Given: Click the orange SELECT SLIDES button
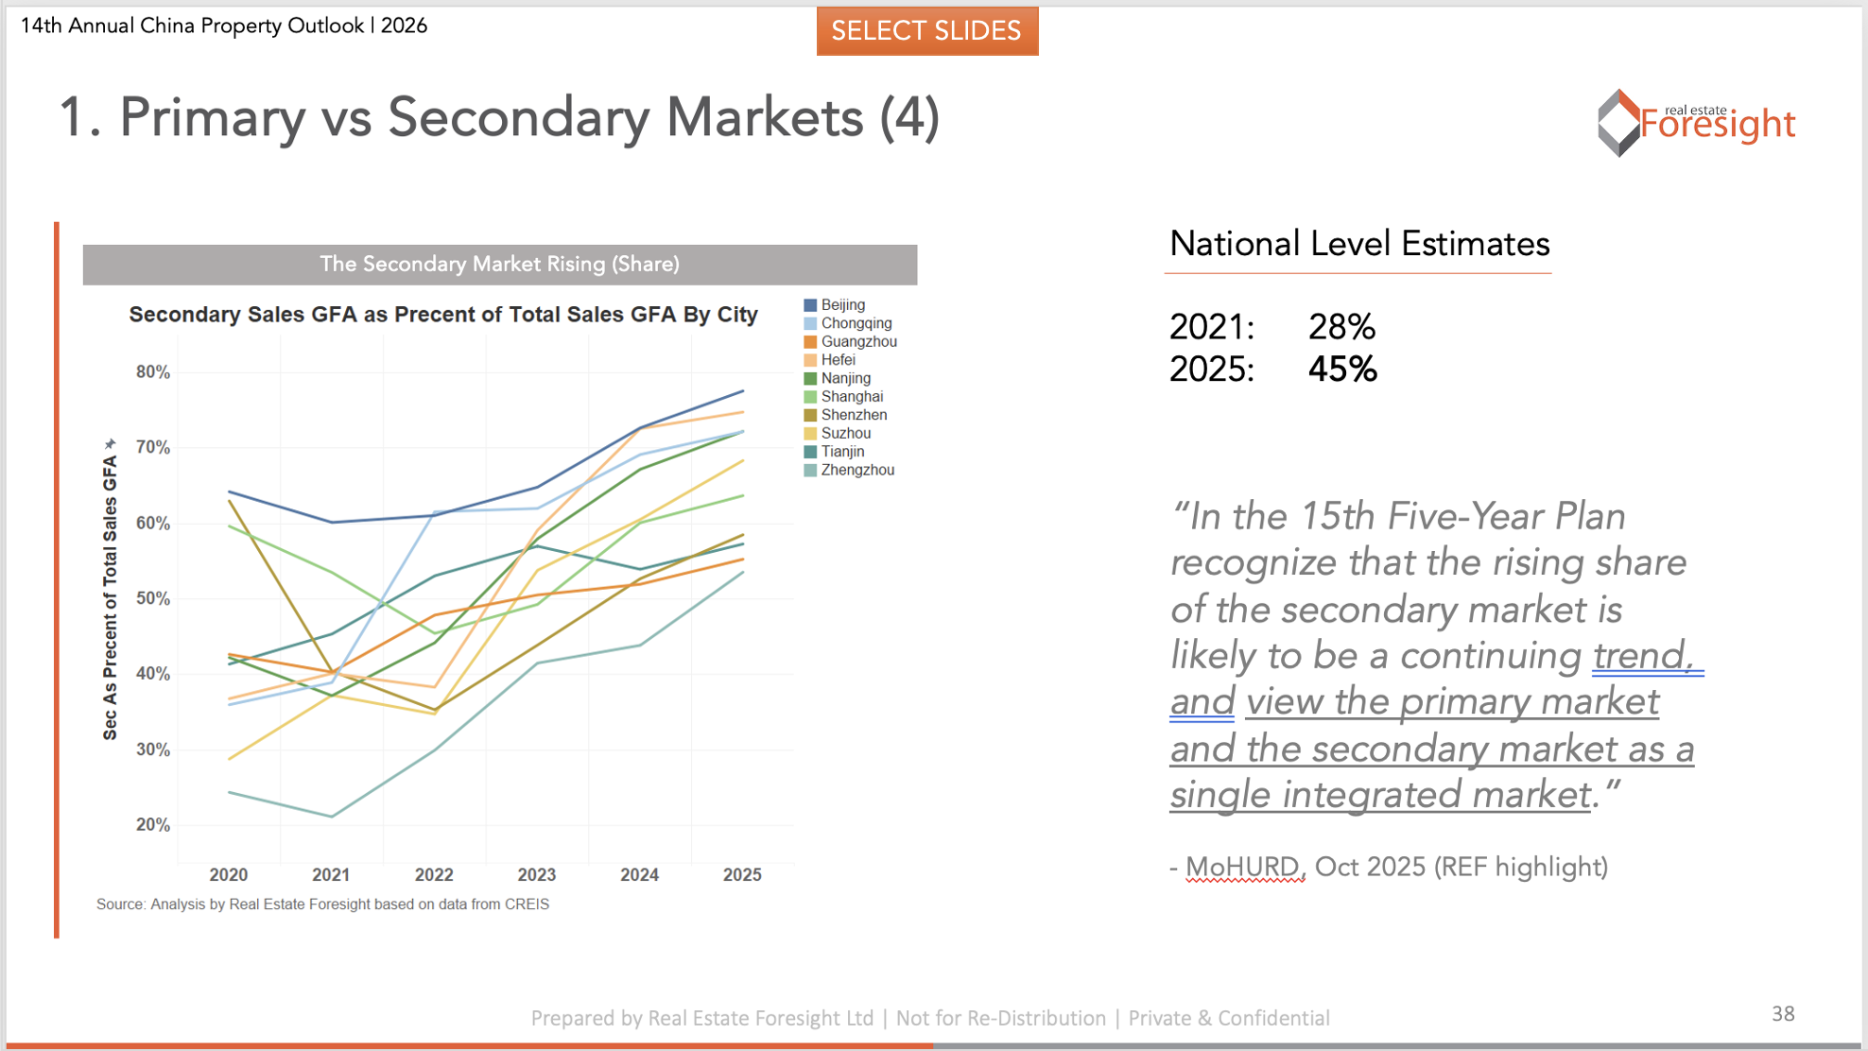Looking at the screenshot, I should point(926,31).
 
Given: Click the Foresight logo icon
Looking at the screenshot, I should point(1618,123).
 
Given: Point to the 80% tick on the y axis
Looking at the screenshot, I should point(153,372).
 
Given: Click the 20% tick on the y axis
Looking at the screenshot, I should point(153,825).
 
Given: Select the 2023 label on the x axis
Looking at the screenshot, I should point(537,875).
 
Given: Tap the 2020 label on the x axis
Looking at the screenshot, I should point(229,875).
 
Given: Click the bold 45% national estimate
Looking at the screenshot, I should point(1342,369).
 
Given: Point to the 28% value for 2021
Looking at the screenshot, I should point(1341,327).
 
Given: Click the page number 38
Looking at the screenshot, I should point(1783,1014).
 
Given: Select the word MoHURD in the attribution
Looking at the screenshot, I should point(1243,867).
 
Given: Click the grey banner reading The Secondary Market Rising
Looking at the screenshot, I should point(499,265).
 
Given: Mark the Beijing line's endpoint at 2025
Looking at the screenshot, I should point(743,391).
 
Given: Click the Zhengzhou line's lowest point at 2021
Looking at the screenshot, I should point(332,817).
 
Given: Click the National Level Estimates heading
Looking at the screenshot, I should point(1358,244).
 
